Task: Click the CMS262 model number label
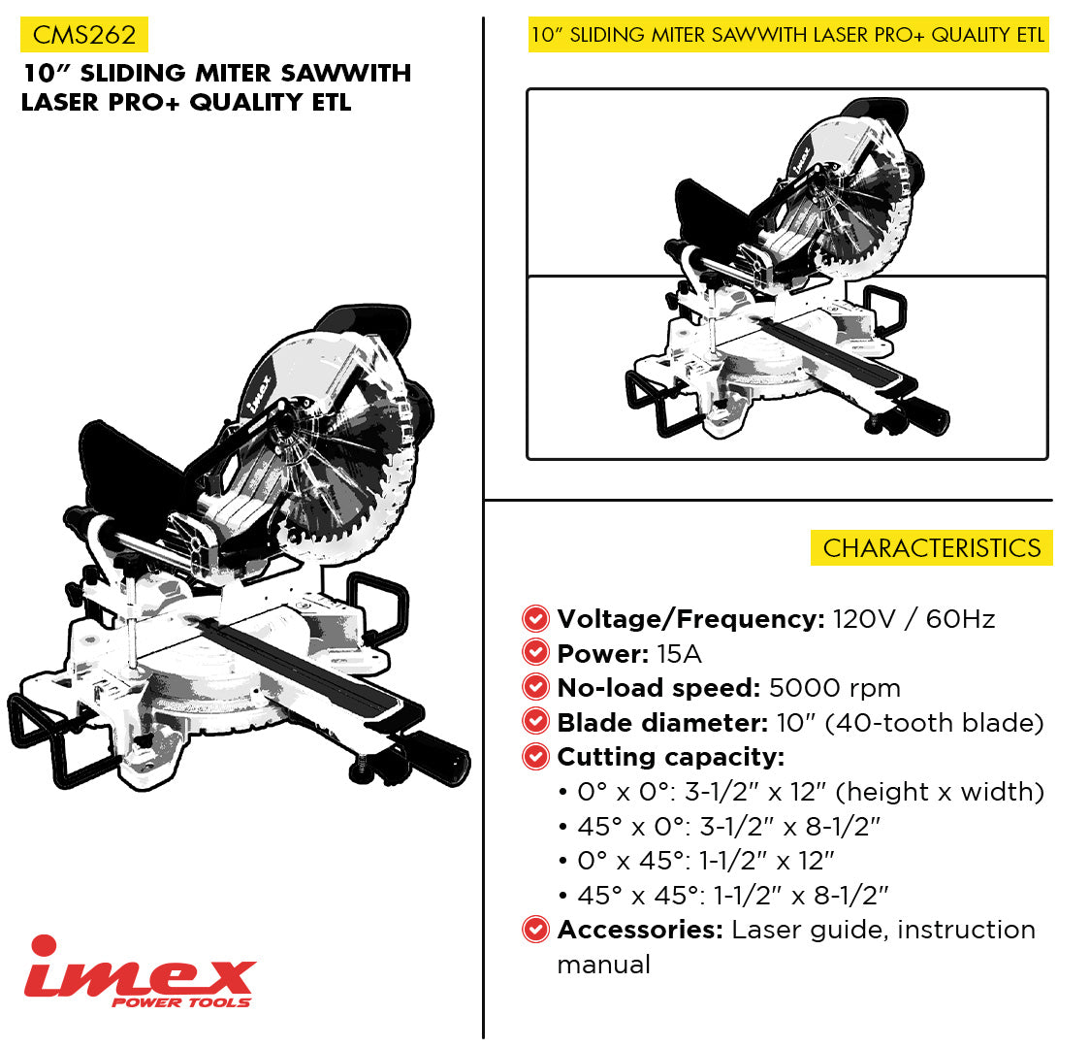pos(84,35)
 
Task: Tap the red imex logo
pos(140,970)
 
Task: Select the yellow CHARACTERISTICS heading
pos(932,548)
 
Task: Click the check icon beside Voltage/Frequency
pos(535,618)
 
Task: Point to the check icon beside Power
pos(535,653)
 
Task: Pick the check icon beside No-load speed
pos(535,687)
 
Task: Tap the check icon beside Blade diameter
pos(535,722)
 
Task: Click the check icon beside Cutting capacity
pos(535,757)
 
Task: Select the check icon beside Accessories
pos(535,930)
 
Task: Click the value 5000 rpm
pos(835,688)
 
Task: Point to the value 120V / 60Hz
pos(914,618)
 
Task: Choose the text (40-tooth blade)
pos(934,723)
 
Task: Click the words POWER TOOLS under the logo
pos(180,1002)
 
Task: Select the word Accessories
pos(640,930)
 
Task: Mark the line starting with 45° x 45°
pos(724,895)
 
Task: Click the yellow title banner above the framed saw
pos(788,35)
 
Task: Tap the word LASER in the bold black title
pos(60,102)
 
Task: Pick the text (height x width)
pos(940,792)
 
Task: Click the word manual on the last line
pos(603,965)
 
